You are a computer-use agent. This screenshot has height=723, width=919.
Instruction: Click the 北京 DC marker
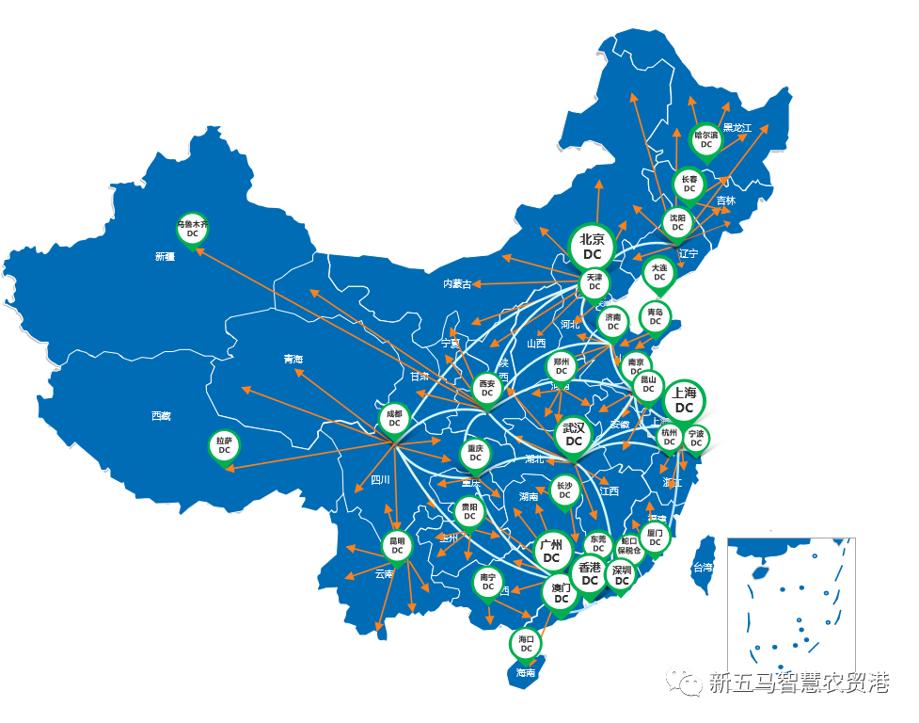pyautogui.click(x=593, y=247)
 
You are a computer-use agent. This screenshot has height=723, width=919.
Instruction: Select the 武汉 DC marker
pyautogui.click(x=574, y=434)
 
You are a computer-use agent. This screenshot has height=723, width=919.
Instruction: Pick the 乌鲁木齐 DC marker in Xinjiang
pyautogui.click(x=192, y=229)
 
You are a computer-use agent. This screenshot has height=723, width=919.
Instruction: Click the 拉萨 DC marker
pyautogui.click(x=224, y=445)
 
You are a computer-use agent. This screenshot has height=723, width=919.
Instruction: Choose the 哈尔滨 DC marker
pyautogui.click(x=705, y=140)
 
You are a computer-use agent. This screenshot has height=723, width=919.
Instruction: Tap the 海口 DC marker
pyautogui.click(x=526, y=644)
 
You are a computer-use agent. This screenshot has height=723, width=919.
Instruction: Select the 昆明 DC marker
pyautogui.click(x=397, y=546)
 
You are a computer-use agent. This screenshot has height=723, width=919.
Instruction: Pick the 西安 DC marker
pyautogui.click(x=487, y=389)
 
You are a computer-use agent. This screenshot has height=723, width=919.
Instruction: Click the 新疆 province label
pyautogui.click(x=166, y=256)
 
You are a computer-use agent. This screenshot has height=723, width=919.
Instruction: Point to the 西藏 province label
pyautogui.click(x=161, y=415)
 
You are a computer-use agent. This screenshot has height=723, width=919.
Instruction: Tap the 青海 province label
pyautogui.click(x=293, y=359)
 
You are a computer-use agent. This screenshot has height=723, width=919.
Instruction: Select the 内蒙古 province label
pyautogui.click(x=458, y=282)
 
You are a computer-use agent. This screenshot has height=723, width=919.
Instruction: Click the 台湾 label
pyautogui.click(x=704, y=568)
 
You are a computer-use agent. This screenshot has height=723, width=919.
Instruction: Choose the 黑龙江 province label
pyautogui.click(x=737, y=127)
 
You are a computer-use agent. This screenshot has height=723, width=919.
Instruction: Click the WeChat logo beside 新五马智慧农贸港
pyautogui.click(x=686, y=682)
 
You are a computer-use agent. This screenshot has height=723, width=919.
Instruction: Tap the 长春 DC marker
pyautogui.click(x=689, y=184)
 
